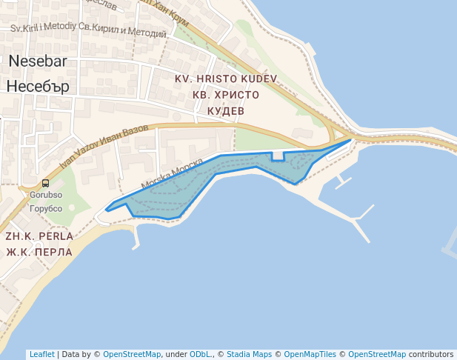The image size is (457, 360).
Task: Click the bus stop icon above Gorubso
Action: click(x=45, y=184)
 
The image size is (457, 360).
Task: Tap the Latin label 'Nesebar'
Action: click(x=38, y=61)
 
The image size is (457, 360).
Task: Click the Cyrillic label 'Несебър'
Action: click(x=38, y=86)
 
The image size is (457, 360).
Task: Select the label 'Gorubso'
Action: click(x=45, y=196)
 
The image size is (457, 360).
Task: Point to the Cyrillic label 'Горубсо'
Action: click(x=45, y=209)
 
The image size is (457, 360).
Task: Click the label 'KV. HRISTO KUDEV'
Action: click(x=225, y=79)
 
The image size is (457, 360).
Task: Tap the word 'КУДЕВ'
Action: click(x=225, y=110)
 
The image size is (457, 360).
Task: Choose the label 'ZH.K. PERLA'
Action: click(x=39, y=236)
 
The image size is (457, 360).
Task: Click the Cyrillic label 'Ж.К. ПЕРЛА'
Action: click(x=39, y=252)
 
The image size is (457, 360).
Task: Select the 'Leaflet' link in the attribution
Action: click(x=41, y=354)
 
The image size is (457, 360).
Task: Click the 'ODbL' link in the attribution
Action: click(x=201, y=354)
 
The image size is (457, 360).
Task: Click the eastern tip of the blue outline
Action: click(x=350, y=139)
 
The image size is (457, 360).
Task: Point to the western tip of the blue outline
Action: click(x=107, y=210)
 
